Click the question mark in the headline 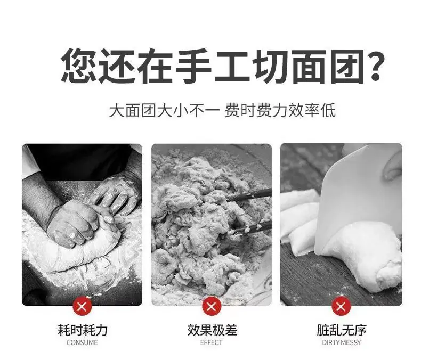pyautogui.click(x=374, y=65)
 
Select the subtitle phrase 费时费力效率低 pyautogui.click(x=280, y=110)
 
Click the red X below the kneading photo pyautogui.click(x=82, y=306)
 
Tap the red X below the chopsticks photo pyautogui.click(x=212, y=306)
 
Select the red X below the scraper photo pyautogui.click(x=341, y=306)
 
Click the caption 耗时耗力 pyautogui.click(x=83, y=330)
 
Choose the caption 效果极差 pyautogui.click(x=212, y=330)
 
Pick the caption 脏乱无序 pyautogui.click(x=342, y=330)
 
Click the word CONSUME pyautogui.click(x=82, y=342)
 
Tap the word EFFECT pyautogui.click(x=212, y=342)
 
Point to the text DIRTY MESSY pyautogui.click(x=342, y=342)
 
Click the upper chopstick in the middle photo pyautogui.click(x=248, y=195)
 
